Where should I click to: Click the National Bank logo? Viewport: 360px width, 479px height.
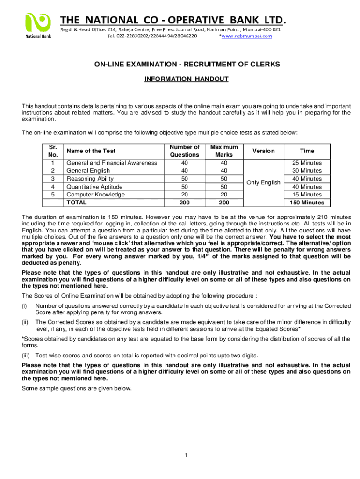point(38,26)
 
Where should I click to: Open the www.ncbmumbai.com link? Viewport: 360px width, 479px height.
point(246,36)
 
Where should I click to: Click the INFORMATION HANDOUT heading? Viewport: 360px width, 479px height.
point(186,79)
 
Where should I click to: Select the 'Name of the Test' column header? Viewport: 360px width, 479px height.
point(91,151)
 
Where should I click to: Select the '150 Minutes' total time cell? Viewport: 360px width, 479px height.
point(307,203)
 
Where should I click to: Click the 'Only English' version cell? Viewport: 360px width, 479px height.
point(263,182)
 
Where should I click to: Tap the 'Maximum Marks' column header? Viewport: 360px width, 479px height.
point(224,151)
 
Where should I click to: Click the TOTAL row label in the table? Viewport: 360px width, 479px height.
point(77,203)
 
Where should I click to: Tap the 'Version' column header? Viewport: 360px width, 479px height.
point(263,151)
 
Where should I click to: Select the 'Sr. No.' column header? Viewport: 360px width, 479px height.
point(52,151)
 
